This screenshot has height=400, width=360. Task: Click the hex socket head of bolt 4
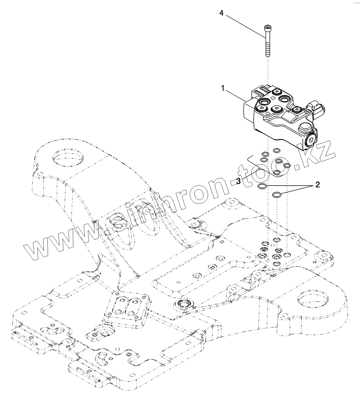click(268, 27)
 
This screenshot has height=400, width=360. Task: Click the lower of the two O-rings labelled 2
click(277, 194)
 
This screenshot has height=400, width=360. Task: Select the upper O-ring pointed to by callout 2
click(262, 186)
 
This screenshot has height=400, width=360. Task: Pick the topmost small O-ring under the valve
click(276, 150)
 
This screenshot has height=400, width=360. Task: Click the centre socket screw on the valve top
click(276, 109)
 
